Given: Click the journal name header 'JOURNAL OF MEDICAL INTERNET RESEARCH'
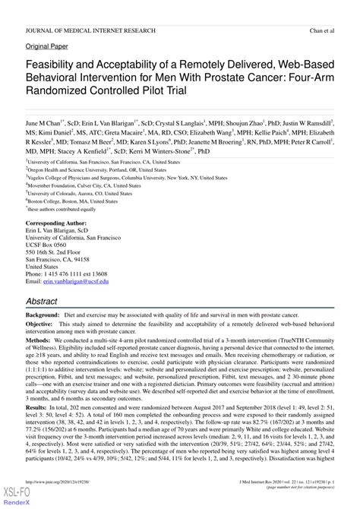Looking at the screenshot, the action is [x=90, y=30].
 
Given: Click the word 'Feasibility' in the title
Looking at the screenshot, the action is [x=60, y=66].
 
